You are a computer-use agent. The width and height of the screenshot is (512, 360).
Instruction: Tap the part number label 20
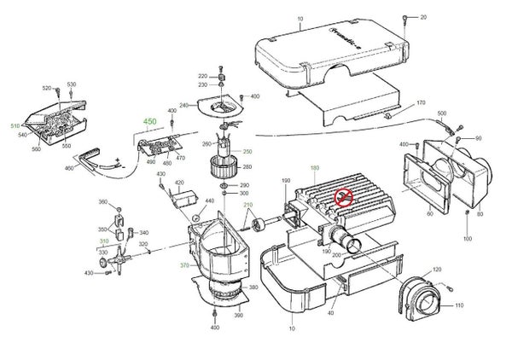click(423, 17)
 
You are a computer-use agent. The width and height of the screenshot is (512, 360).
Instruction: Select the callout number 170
click(421, 103)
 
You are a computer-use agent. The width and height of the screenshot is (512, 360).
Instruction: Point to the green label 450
click(151, 123)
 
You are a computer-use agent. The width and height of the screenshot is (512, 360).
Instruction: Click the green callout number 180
click(315, 168)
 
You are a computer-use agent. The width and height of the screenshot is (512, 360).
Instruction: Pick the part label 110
click(458, 306)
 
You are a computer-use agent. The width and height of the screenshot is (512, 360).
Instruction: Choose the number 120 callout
click(439, 270)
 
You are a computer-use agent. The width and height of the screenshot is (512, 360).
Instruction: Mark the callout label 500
click(442, 113)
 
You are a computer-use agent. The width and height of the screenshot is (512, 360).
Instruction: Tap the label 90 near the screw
click(478, 138)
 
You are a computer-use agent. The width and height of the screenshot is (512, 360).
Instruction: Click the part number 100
click(467, 239)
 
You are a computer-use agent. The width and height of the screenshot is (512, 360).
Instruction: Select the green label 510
click(15, 126)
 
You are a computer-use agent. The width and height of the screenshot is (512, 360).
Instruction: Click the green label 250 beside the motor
click(248, 151)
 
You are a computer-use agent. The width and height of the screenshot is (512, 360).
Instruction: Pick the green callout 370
click(184, 265)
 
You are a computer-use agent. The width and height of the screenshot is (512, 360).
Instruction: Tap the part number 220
click(203, 75)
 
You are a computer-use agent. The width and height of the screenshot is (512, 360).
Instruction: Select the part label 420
click(179, 183)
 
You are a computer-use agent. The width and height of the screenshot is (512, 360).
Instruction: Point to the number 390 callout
click(238, 316)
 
